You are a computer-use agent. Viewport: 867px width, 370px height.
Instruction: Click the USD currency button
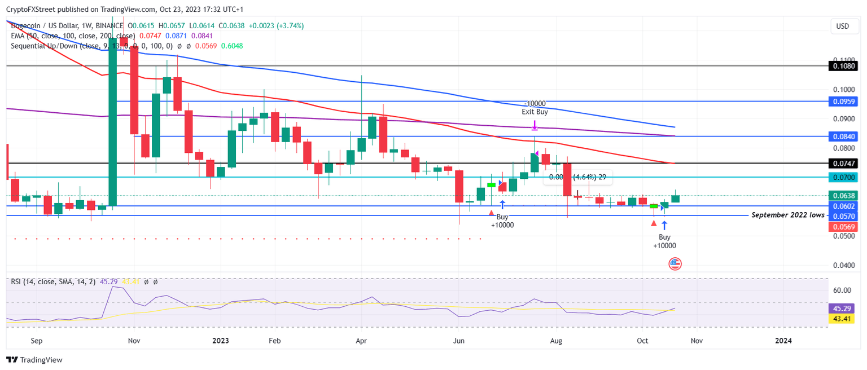pyautogui.click(x=842, y=27)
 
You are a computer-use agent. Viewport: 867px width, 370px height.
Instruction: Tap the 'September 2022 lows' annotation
pyautogui.click(x=785, y=215)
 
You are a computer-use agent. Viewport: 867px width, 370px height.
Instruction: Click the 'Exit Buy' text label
pyautogui.click(x=535, y=112)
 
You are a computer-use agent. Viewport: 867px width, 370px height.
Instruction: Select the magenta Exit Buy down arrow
pyautogui.click(x=535, y=125)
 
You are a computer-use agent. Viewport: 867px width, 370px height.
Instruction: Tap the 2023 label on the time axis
pyautogui.click(x=220, y=341)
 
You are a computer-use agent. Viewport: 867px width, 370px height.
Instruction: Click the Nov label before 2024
pyautogui.click(x=697, y=341)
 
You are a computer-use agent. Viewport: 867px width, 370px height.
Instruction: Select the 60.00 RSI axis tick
pyautogui.click(x=842, y=290)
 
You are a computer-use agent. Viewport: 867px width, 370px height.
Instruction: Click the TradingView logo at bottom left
pyautogui.click(x=35, y=360)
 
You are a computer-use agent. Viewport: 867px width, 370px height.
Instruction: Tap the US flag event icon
pyautogui.click(x=675, y=263)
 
